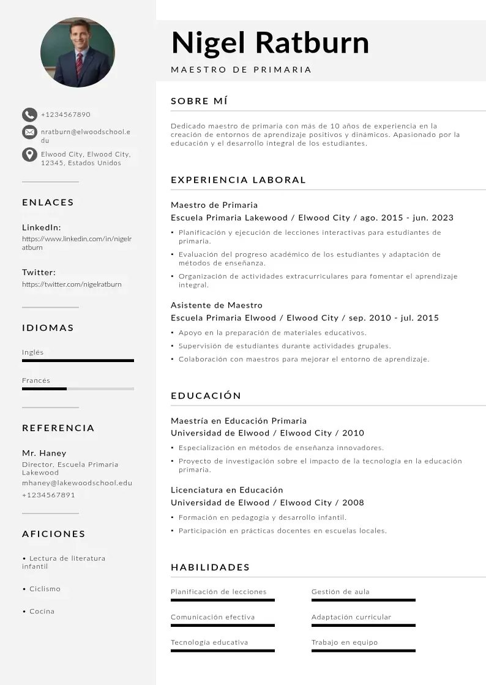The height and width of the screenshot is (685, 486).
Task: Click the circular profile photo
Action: point(77,52)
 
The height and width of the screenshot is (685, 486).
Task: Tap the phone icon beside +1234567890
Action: point(29,114)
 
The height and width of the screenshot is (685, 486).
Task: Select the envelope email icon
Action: point(29,132)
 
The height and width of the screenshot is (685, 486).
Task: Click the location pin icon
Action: point(29,154)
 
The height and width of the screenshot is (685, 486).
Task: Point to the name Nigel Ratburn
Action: point(270,43)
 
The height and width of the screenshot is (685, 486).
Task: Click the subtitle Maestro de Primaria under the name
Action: point(241,70)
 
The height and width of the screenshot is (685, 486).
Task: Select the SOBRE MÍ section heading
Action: point(200,101)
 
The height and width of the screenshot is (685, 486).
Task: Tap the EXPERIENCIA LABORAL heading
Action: point(238,180)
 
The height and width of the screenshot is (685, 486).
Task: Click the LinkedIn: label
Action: point(42,227)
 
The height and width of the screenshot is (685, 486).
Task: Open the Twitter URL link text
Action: point(72,284)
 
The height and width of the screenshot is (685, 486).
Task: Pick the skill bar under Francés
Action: point(78,389)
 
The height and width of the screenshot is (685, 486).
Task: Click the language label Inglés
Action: point(33,352)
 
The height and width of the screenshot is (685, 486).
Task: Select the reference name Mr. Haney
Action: point(44,453)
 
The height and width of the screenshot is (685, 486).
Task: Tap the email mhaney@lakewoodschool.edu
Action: point(77,483)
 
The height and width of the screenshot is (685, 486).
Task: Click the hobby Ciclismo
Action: point(45,589)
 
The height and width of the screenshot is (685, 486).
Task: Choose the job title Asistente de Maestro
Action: point(217,305)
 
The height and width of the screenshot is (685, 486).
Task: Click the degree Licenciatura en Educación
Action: point(227,490)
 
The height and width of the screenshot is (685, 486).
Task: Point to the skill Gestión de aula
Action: point(340,591)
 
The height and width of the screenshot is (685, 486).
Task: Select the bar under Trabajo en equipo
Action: point(364,650)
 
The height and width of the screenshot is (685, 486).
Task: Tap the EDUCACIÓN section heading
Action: point(206,396)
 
